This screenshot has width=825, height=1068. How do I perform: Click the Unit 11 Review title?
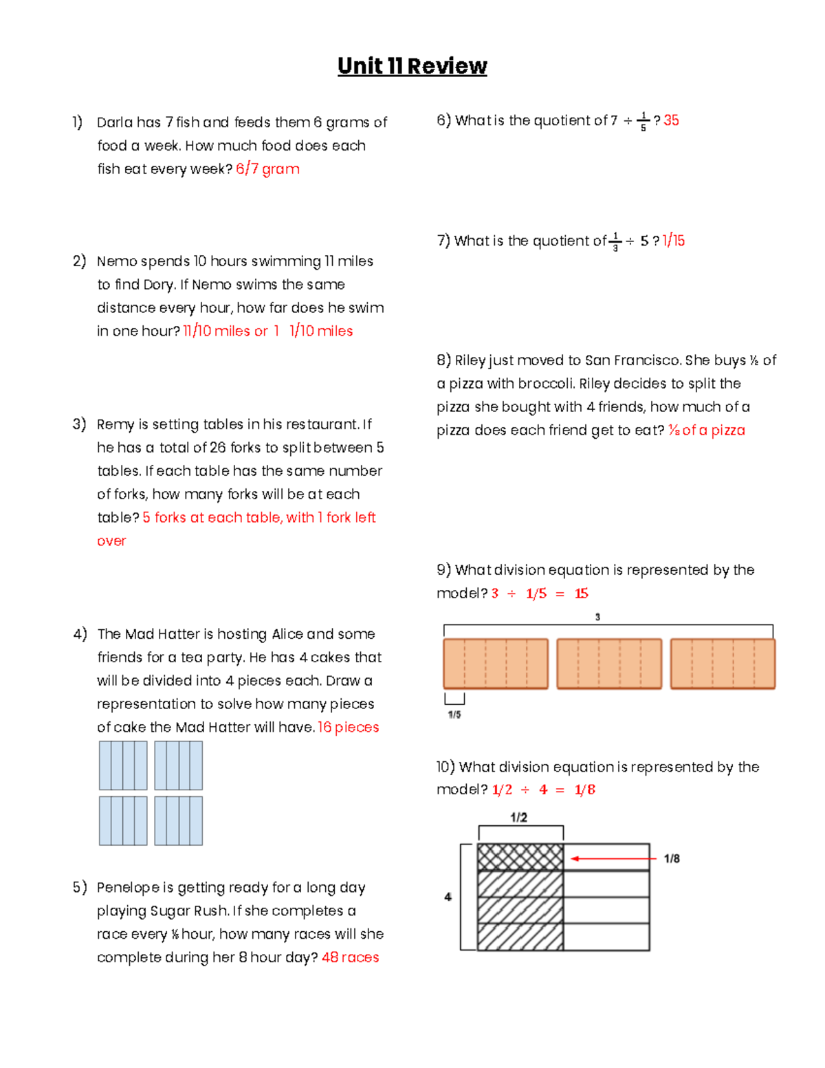[x=412, y=66]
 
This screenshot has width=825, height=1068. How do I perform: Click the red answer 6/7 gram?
[x=267, y=169]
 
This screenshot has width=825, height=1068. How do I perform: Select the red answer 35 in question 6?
[x=671, y=120]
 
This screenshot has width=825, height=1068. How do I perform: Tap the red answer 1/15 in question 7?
[x=673, y=241]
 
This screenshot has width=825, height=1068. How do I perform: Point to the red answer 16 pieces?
[x=348, y=728]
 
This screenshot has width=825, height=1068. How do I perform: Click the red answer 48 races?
[x=350, y=957]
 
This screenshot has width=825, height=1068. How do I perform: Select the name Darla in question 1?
[x=115, y=122]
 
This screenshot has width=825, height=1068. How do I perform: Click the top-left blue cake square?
[x=123, y=765]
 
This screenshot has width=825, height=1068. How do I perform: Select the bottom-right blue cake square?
[x=178, y=820]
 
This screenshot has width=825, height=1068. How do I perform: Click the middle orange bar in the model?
[x=609, y=664]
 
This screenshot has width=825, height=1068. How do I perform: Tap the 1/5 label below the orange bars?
[x=454, y=715]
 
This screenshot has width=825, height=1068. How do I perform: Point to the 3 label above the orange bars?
[x=597, y=617]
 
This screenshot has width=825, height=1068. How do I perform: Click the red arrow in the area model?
[x=613, y=858]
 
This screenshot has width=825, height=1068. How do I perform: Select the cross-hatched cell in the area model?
[x=520, y=857]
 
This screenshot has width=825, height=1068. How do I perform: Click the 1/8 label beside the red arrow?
[x=672, y=858]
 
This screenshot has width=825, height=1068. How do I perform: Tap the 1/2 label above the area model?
[x=519, y=817]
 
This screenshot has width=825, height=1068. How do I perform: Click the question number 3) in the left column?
[x=79, y=424]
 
